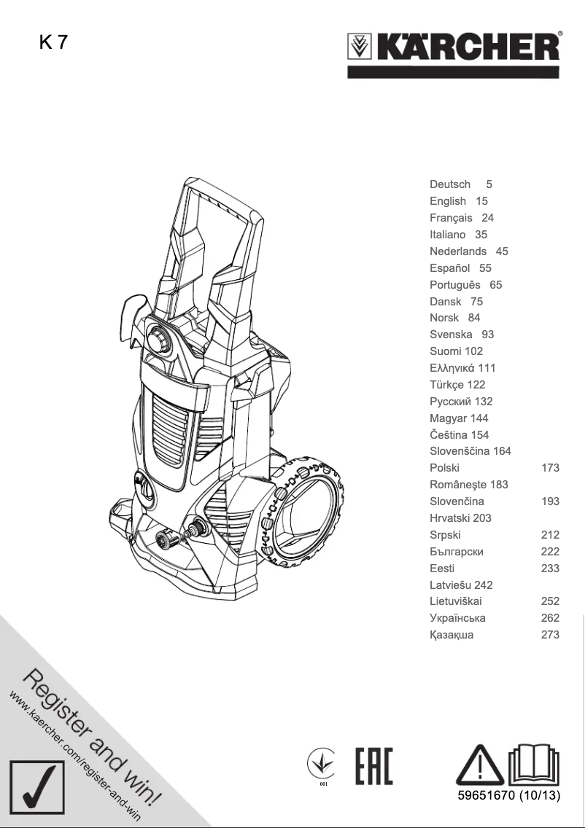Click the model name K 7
click(x=53, y=42)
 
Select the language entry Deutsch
click(x=450, y=184)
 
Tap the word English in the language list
click(x=448, y=201)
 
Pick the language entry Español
click(x=450, y=268)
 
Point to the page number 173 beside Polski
click(x=550, y=468)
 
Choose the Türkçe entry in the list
click(x=447, y=385)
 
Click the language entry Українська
click(x=457, y=618)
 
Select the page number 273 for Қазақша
click(x=550, y=635)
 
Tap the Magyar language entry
click(x=449, y=418)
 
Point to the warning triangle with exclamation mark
click(x=479, y=765)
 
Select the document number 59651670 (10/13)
click(x=503, y=795)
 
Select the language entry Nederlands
click(x=458, y=251)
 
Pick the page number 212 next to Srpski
click(x=550, y=535)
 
